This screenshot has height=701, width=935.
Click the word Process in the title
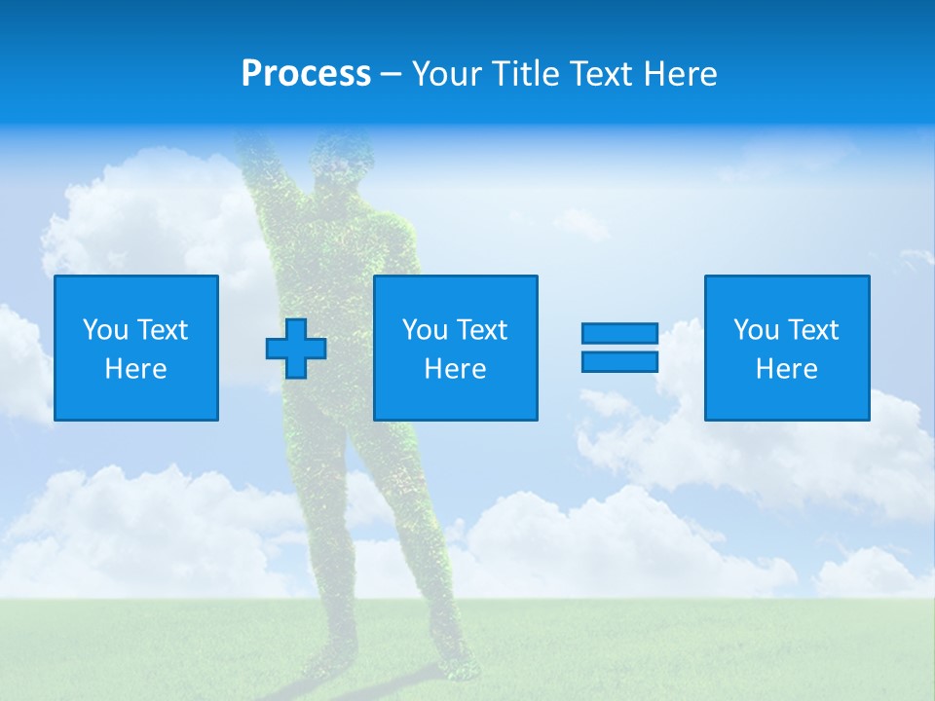point(306,74)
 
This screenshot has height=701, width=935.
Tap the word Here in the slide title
point(680,74)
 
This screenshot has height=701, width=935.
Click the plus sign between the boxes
point(296,349)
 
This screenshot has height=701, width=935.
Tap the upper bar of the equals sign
point(619,334)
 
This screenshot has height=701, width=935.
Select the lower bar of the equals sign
point(619,361)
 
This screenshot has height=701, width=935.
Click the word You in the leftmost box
point(105,330)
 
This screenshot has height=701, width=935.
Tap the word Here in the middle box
point(455,369)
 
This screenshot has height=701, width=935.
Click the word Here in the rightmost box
point(787,369)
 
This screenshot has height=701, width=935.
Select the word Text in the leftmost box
point(162,330)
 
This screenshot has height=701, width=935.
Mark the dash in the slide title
point(392,75)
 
